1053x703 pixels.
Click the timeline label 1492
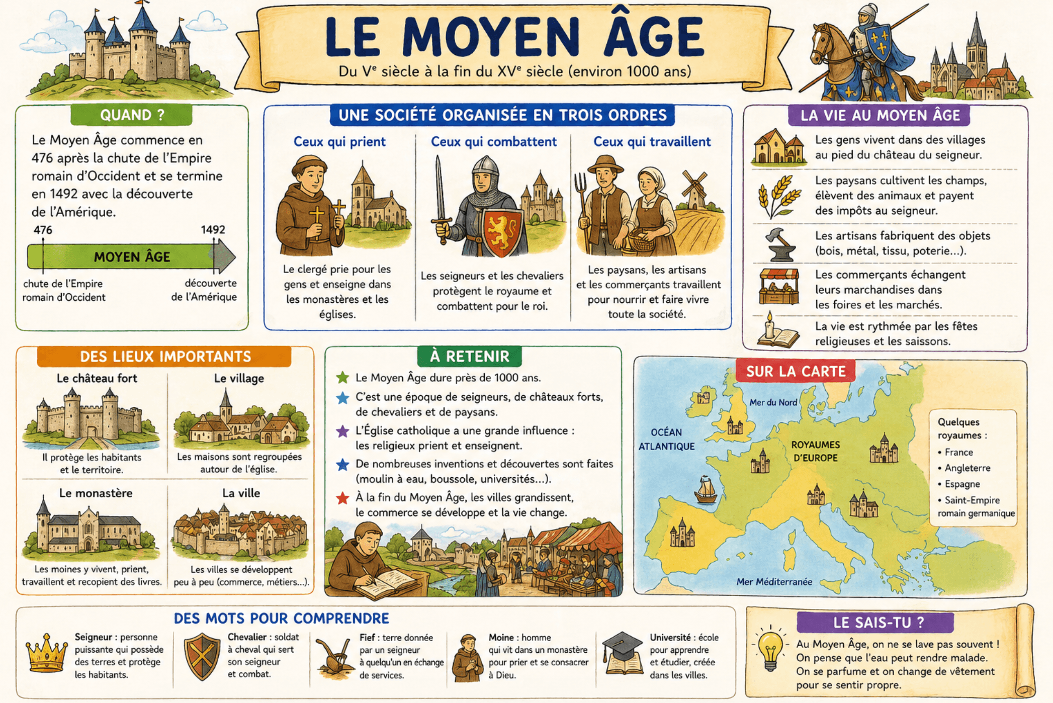[x=213, y=230]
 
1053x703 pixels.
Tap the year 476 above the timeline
[x=43, y=230]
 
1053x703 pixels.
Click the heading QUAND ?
[x=132, y=115]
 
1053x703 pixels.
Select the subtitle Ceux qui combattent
[x=493, y=142]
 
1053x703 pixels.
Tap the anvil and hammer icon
[x=779, y=244]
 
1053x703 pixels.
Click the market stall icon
[x=778, y=287]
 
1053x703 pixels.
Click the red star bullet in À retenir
[x=342, y=498]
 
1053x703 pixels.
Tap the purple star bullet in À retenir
[x=342, y=431]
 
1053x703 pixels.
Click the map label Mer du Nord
[x=772, y=402]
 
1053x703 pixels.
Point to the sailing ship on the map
[x=706, y=489]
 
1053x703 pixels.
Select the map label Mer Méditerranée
[x=774, y=582]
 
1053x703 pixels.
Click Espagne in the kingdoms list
[x=961, y=484]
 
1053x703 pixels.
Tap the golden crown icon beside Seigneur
[x=47, y=653]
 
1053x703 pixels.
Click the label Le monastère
[x=96, y=493]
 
